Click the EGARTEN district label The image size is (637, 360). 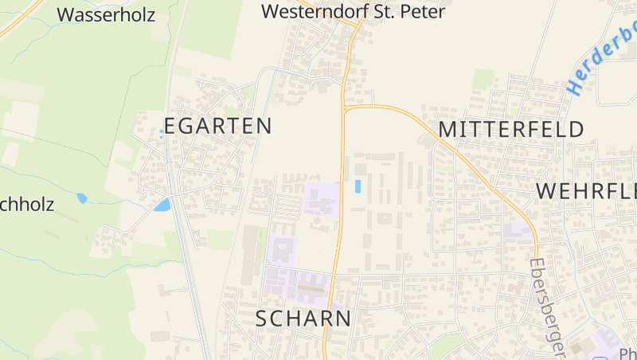[x=217, y=126]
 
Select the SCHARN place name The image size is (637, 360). [x=303, y=319]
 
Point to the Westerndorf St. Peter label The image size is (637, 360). [x=353, y=12]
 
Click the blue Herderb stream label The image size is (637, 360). [x=603, y=56]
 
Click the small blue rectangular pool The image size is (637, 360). [x=358, y=186]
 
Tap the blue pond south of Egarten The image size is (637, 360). [x=162, y=205]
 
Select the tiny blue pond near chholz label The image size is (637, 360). [x=81, y=198]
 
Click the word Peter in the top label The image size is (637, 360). [x=422, y=12]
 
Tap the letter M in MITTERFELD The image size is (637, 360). [x=448, y=129]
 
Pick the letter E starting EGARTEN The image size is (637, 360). [x=170, y=126]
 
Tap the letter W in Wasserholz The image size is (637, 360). [x=66, y=14]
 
